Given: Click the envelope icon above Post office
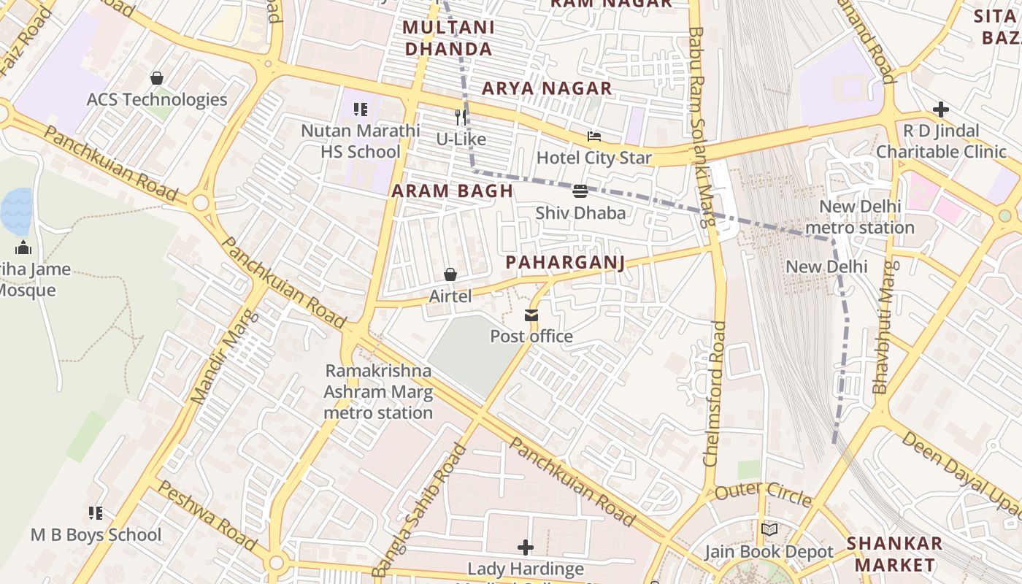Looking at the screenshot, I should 531,315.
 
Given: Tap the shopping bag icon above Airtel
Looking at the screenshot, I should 450,274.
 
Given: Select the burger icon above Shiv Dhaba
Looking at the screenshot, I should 580,191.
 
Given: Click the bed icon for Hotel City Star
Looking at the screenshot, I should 594,137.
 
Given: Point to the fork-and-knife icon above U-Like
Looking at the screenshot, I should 461,117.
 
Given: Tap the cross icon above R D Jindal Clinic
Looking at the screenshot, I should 941,110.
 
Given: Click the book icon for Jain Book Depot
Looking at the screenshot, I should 769,530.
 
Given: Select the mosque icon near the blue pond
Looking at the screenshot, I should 23,247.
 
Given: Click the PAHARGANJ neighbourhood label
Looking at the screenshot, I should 566,263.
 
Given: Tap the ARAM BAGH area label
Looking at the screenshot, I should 452,191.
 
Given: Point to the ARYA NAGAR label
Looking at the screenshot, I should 547,88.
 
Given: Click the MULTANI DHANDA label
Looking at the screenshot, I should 448,39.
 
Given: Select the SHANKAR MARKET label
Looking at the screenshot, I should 894,554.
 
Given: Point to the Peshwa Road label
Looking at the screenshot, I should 207,516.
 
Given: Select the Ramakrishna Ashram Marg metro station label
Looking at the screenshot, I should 378,392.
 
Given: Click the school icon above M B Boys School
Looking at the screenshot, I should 96,513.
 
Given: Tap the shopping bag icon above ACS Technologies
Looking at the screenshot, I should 157,78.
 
